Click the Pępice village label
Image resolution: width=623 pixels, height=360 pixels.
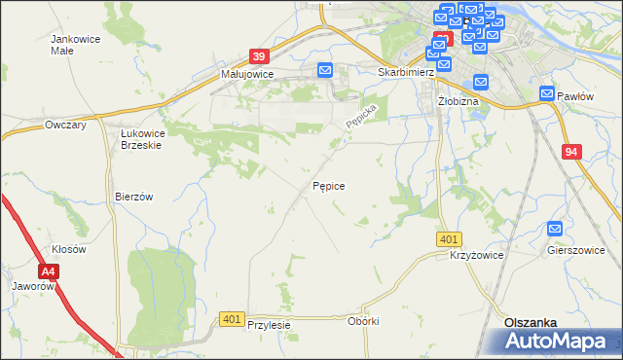(x=328, y=185)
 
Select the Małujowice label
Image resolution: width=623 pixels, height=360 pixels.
(x=247, y=74)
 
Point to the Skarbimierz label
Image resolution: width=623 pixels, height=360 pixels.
(x=405, y=72)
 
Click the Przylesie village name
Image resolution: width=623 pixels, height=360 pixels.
(x=270, y=325)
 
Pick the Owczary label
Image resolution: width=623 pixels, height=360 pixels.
(x=66, y=126)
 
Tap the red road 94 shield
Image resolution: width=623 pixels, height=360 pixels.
(x=572, y=151)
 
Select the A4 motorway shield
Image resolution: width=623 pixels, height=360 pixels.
(x=49, y=274)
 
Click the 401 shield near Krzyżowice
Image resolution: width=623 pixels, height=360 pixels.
(x=449, y=239)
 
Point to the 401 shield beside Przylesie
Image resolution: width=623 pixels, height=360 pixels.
(x=232, y=318)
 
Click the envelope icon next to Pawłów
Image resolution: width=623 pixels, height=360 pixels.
(x=547, y=94)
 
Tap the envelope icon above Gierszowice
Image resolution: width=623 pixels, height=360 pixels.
(x=555, y=229)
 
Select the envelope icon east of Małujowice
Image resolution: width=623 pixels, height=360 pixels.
(x=325, y=70)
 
